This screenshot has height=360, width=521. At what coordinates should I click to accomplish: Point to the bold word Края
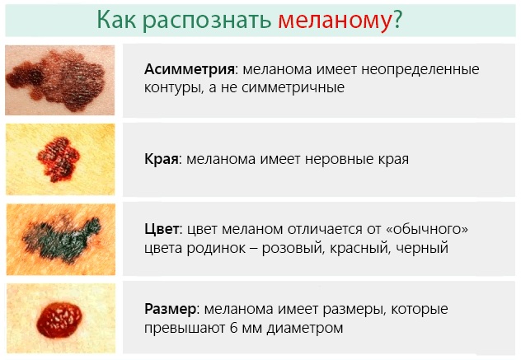click(161, 159)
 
